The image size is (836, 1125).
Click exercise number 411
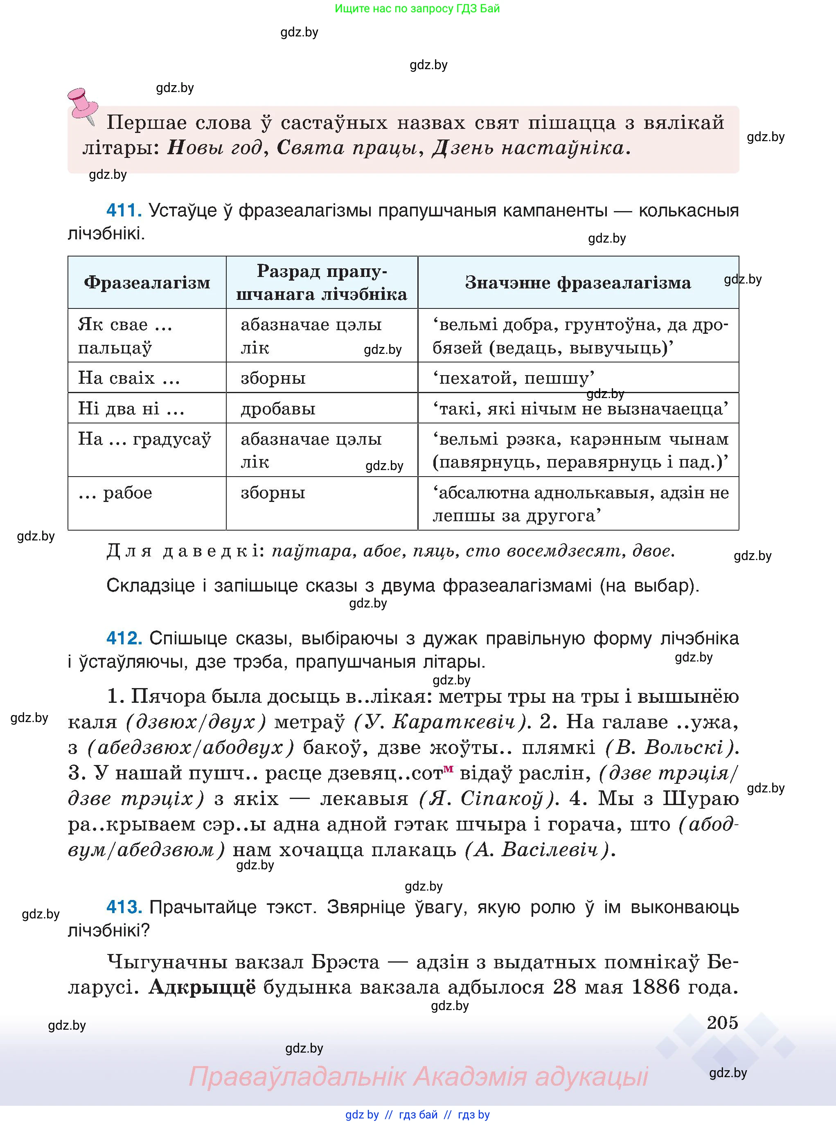[124, 210]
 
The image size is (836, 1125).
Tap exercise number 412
[124, 638]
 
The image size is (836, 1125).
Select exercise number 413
[124, 907]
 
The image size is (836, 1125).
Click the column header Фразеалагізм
[147, 283]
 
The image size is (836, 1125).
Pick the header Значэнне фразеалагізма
[577, 283]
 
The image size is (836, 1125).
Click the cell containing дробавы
[278, 409]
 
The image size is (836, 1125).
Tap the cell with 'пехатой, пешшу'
[513, 378]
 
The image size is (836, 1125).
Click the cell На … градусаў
[144, 439]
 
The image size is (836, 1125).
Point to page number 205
[722, 1022]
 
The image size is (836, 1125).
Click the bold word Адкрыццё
[203, 987]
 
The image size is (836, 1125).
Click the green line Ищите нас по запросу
[417, 9]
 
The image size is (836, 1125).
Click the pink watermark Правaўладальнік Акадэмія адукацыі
[418, 1076]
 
